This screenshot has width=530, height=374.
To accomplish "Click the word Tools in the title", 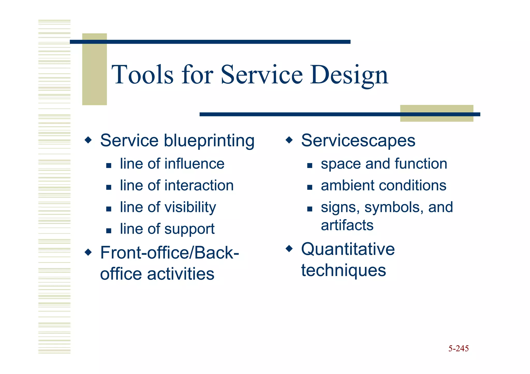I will (x=142, y=75).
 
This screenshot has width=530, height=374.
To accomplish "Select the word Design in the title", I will (x=349, y=75).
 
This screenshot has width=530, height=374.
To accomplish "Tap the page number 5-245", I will (x=458, y=348).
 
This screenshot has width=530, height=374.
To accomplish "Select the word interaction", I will (x=199, y=186).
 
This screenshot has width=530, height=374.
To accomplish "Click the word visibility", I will (x=190, y=207).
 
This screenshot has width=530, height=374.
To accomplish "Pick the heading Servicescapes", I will (x=358, y=141).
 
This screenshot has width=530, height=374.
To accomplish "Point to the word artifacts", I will (x=347, y=225).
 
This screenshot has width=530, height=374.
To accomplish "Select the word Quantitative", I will (x=348, y=249).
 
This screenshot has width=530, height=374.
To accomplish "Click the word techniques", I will (x=343, y=271).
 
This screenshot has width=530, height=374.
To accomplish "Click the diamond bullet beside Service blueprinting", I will (x=88, y=140).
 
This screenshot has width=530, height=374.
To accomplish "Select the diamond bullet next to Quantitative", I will (x=289, y=249).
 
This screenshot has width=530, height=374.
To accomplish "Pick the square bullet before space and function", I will (x=310, y=165).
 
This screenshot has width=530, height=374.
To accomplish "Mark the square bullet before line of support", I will (x=109, y=231).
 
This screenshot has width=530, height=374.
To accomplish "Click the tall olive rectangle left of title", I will (x=94, y=69).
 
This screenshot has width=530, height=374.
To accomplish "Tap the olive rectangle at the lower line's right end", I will (x=437, y=113).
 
